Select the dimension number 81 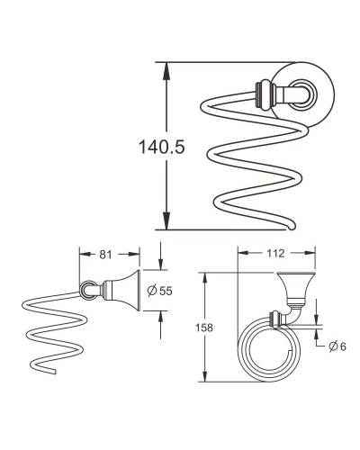pyautogui.click(x=107, y=255)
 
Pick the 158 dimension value pyautogui.click(x=203, y=328)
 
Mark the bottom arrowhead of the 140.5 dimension pyautogui.click(x=167, y=225)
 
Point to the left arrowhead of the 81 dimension pyautogui.click(x=83, y=255)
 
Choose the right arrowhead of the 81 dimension pyautogui.click(x=137, y=255)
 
